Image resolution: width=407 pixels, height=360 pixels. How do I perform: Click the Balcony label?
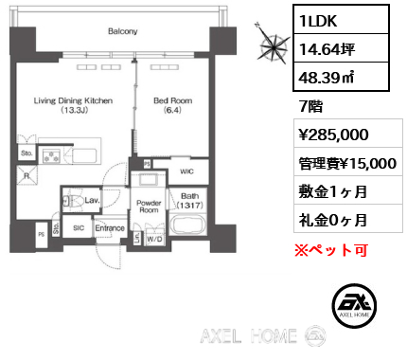click(123, 31)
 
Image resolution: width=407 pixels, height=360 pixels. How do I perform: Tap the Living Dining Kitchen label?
click(73, 100)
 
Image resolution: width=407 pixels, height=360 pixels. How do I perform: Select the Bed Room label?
click(173, 100)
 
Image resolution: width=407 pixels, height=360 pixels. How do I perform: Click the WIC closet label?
click(186, 171)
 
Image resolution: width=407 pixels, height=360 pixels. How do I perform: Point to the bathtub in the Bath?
click(188, 224)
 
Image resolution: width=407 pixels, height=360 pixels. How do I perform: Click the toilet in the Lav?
click(74, 201)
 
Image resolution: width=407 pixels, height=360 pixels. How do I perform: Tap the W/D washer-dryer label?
click(154, 240)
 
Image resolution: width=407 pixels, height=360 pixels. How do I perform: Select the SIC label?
click(79, 227)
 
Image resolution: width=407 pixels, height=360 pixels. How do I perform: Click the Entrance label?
click(110, 228)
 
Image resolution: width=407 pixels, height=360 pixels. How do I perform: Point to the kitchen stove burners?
click(51, 156)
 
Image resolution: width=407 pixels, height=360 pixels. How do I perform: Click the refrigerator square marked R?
click(27, 175)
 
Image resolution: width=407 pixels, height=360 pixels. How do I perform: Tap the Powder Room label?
click(149, 207)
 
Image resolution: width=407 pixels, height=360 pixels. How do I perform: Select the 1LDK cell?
click(341, 20)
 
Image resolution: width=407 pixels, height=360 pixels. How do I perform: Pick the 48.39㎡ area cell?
click(341, 76)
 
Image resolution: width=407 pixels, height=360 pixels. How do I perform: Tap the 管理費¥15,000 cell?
click(348, 162)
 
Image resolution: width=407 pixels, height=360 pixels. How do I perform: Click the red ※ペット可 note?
click(331, 250)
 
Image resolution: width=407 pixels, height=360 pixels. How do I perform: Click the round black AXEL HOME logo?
click(354, 305)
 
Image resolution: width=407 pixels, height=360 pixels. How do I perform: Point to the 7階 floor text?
click(311, 106)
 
